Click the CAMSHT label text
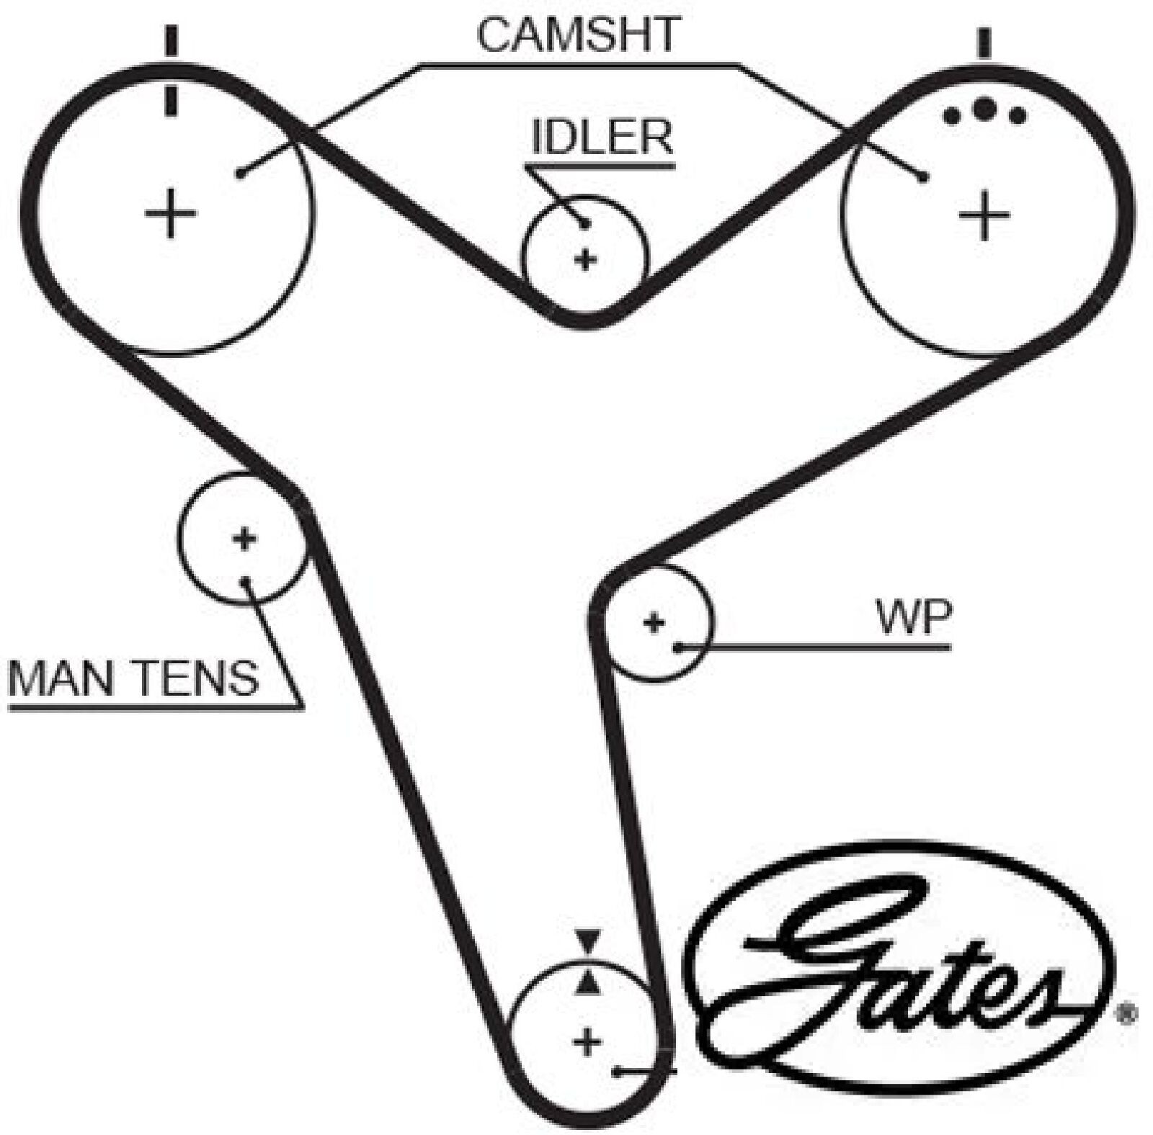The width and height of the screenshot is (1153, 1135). [x=579, y=35]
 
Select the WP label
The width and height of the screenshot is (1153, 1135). [x=914, y=617]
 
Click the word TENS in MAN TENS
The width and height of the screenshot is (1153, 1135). [x=197, y=677]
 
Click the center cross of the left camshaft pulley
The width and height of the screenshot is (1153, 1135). [x=170, y=212]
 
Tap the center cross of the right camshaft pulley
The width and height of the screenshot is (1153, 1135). [x=984, y=214]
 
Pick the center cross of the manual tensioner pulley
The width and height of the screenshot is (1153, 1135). [x=244, y=539]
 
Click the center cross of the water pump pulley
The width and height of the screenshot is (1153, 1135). [x=654, y=622]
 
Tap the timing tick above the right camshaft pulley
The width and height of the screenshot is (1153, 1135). [x=984, y=43]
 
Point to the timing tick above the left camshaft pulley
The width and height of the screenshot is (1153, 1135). [x=171, y=41]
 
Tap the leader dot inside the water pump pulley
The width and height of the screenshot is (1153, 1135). [x=678, y=647]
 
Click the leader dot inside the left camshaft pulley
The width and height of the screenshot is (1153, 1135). [x=241, y=173]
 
